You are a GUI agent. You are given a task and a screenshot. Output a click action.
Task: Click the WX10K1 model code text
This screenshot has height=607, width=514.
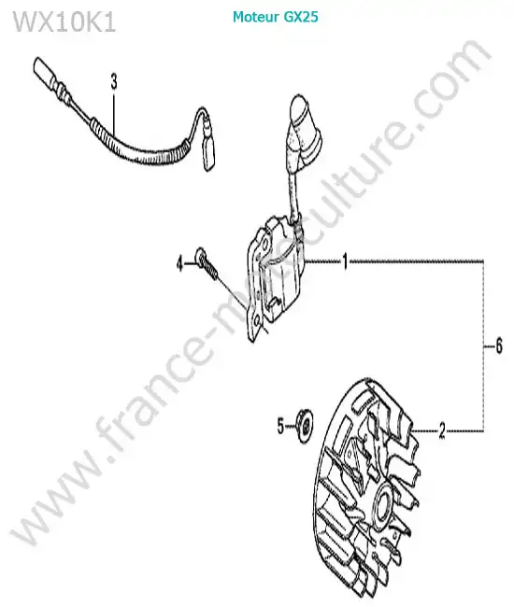coord(64,22)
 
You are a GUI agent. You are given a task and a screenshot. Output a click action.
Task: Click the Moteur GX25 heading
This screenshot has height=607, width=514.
coord(276,17)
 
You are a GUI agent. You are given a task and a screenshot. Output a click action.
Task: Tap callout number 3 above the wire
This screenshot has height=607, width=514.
coord(114,82)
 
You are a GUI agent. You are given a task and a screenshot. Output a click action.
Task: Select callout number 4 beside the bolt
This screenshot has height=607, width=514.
coord(179,264)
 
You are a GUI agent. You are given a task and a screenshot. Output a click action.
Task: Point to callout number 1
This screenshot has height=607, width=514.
coord(345,262)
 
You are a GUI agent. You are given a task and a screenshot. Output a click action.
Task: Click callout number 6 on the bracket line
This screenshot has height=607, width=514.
coord(499,346)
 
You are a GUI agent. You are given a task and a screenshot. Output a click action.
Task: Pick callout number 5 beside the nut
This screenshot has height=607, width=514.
coord(280,426)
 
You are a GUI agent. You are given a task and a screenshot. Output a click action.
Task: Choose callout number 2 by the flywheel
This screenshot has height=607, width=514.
coord(442,431)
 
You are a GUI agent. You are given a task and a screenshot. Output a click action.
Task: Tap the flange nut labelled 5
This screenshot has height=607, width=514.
coord(304,426)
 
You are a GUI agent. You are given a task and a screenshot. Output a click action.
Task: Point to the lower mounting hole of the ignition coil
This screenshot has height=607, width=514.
coord(256,321)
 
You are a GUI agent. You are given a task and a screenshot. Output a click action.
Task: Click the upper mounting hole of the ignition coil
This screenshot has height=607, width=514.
coord(264,246)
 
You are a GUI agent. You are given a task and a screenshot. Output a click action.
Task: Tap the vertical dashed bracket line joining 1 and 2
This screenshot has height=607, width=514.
coord(483,346)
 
